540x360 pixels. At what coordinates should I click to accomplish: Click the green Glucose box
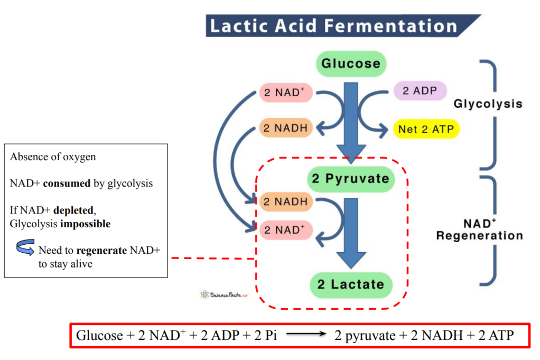(351, 64)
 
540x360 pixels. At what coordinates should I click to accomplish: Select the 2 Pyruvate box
(350, 179)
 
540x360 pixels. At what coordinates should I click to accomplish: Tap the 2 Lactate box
(350, 284)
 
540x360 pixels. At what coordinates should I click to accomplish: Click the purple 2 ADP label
(420, 91)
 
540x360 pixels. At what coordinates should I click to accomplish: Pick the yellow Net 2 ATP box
(426, 128)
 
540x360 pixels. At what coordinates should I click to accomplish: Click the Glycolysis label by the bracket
(488, 104)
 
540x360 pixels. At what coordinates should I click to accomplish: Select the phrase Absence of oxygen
(53, 157)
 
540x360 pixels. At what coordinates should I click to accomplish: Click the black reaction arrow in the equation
(305, 335)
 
